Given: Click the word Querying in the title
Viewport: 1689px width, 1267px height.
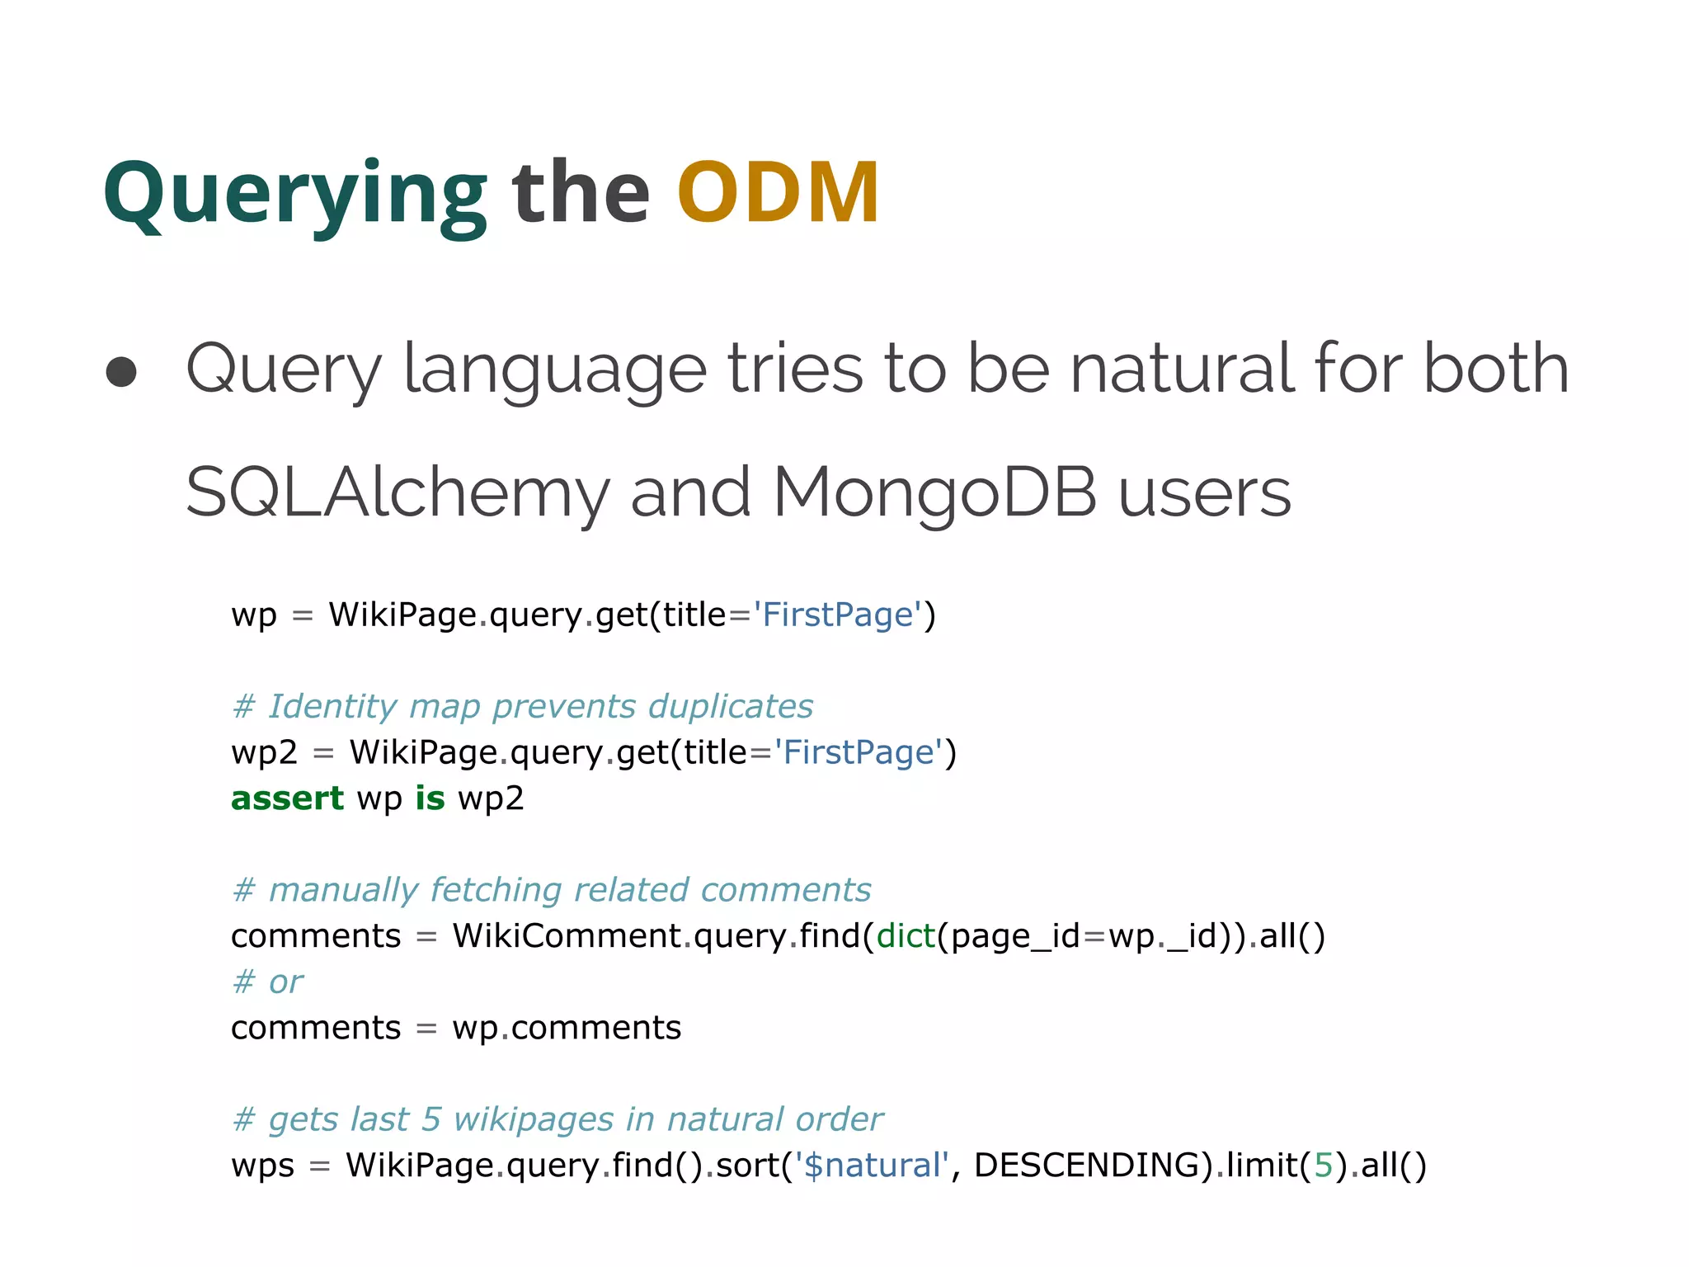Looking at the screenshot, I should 295,195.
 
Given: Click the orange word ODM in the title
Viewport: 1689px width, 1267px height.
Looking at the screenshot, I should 778,193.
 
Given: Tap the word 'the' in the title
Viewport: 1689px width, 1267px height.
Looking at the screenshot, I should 581,193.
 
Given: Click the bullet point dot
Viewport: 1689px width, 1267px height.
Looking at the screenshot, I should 121,372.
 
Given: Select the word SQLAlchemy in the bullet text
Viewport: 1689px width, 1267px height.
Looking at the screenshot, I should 397,492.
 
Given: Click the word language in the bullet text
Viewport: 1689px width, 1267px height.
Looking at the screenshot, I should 554,370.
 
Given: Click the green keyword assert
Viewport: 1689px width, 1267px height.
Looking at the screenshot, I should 287,798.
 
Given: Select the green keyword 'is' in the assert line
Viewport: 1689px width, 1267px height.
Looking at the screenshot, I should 430,798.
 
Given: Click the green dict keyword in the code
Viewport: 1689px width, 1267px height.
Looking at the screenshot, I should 906,936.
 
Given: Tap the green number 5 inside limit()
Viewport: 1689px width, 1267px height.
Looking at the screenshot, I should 1324,1166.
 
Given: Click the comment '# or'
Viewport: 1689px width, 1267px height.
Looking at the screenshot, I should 268,982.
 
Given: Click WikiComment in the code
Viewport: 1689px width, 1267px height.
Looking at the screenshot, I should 567,936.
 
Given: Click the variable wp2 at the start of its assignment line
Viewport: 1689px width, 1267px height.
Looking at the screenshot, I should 264,753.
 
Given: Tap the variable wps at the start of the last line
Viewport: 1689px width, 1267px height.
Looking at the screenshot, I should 262,1166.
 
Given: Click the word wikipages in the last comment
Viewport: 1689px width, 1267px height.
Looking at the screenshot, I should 534,1120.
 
